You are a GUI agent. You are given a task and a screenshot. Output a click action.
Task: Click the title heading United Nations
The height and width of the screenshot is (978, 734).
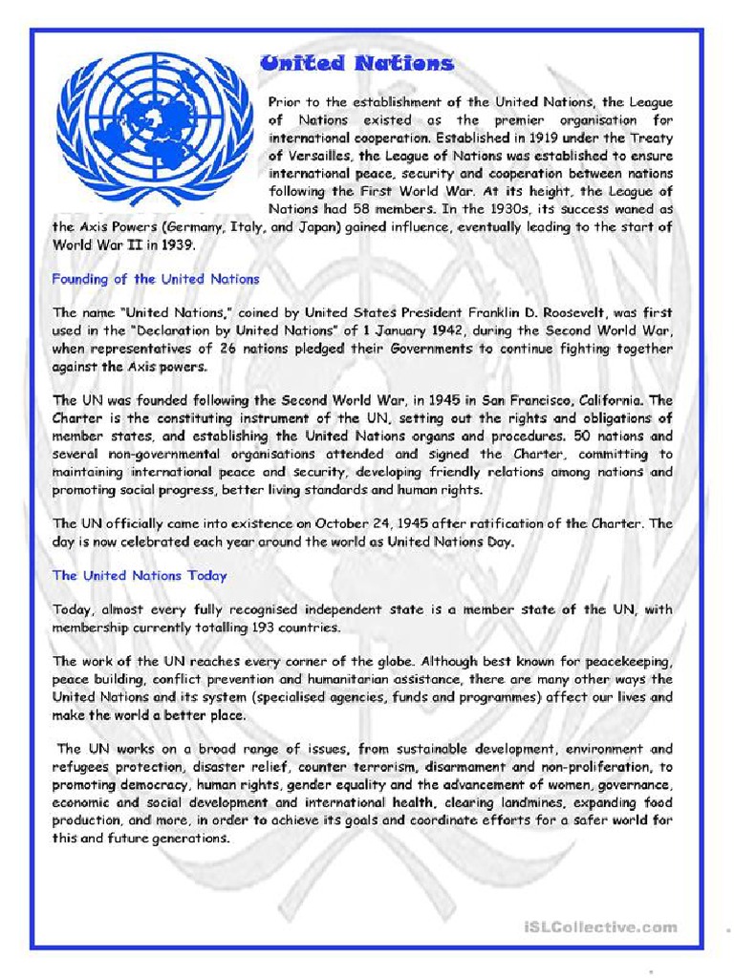pyautogui.click(x=356, y=64)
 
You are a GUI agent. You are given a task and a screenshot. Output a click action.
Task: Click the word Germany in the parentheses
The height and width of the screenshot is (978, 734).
pyautogui.click(x=198, y=226)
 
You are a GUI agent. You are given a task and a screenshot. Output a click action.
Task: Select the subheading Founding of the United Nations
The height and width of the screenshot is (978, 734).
pyautogui.click(x=156, y=279)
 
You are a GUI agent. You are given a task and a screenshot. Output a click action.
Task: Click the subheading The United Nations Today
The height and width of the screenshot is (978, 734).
pyautogui.click(x=140, y=575)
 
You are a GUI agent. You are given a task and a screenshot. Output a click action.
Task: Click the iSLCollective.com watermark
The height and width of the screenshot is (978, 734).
pyautogui.click(x=600, y=926)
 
